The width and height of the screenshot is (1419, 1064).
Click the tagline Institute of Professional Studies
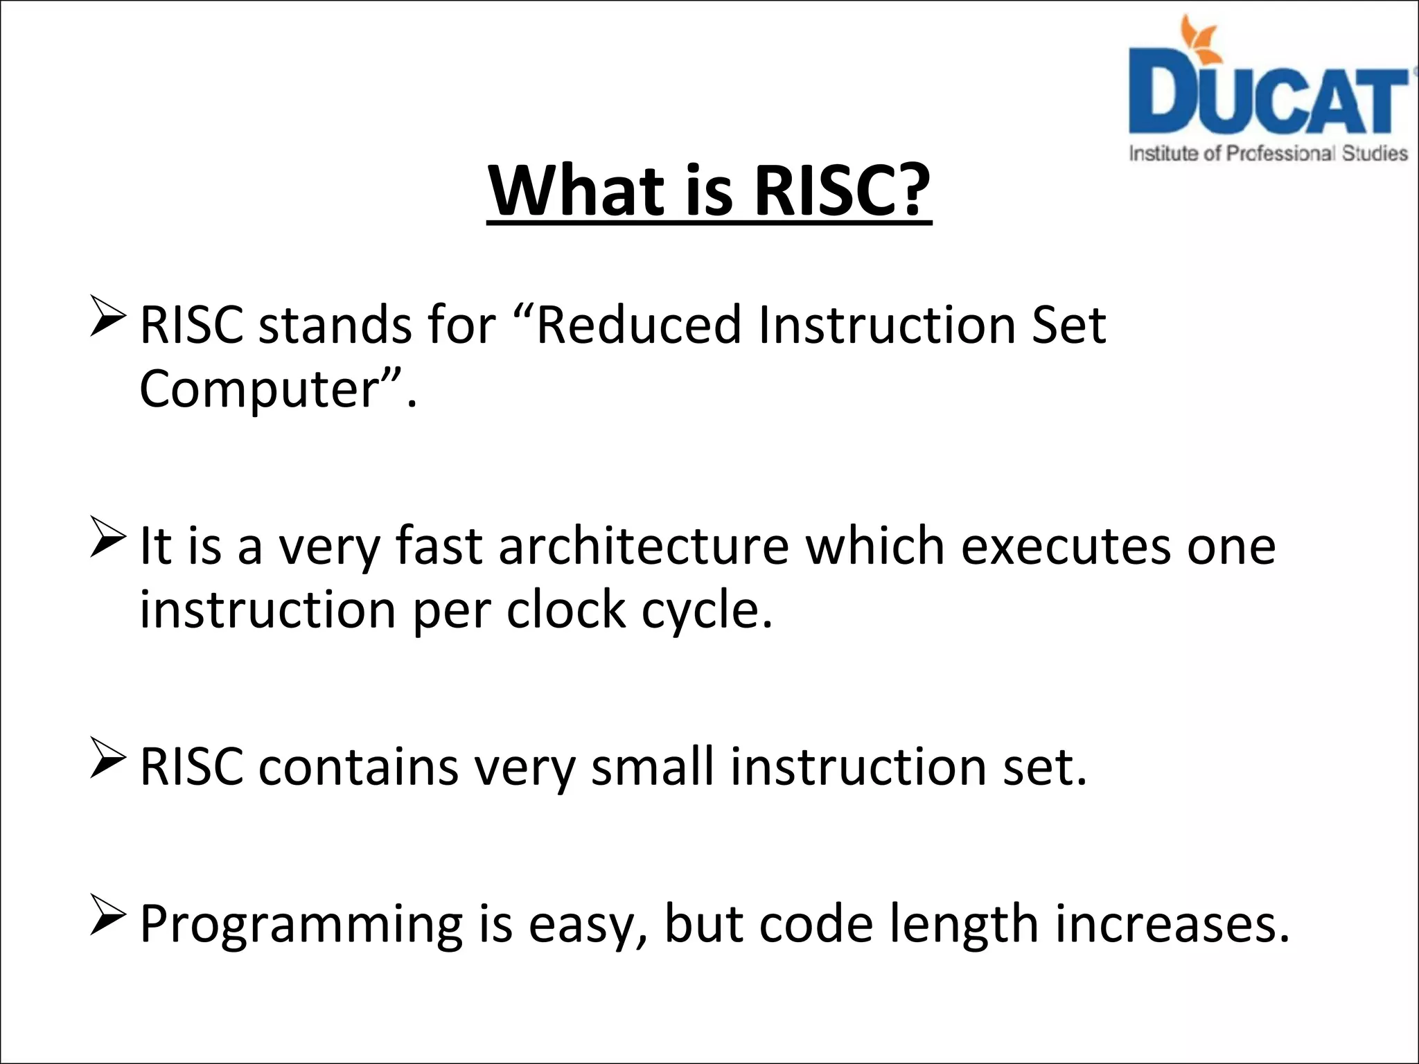pos(1268,153)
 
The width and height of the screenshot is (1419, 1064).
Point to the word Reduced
pos(638,325)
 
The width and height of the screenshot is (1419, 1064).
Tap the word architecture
pos(644,546)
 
